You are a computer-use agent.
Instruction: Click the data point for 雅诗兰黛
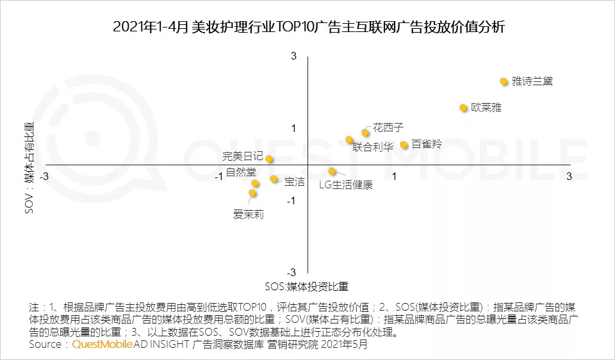tap(504, 81)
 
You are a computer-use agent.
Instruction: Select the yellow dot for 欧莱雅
tap(463, 108)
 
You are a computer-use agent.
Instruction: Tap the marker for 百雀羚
tap(404, 145)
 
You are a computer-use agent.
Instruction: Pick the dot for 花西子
tap(365, 133)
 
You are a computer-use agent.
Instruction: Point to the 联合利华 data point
tap(349, 140)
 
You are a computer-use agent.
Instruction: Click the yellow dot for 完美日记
tap(270, 159)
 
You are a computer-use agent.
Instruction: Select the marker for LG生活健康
tap(332, 171)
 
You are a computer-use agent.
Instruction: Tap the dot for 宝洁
tap(274, 179)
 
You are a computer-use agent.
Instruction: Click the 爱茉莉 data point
tap(252, 193)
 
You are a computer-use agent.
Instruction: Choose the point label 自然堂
tap(241, 172)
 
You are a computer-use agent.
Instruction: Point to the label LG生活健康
tap(345, 185)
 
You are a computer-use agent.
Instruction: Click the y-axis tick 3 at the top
tap(294, 56)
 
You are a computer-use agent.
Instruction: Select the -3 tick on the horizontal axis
tap(44, 176)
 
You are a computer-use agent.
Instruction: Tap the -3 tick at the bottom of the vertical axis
tap(292, 273)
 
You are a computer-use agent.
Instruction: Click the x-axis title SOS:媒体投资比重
tap(306, 286)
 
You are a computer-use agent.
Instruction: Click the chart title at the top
tap(308, 27)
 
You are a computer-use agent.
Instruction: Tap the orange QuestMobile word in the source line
tap(102, 345)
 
